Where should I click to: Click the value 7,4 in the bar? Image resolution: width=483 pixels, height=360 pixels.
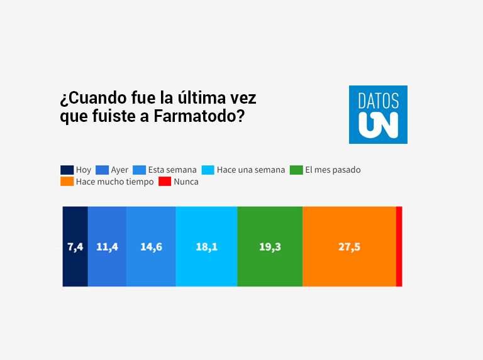tap(75, 247)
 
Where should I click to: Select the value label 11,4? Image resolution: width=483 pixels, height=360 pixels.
tap(107, 247)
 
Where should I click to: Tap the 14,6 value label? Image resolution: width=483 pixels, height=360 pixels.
tap(151, 247)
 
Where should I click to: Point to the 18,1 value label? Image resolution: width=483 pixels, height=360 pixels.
tap(206, 247)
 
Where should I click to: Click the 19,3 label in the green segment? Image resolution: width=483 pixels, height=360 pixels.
tap(270, 247)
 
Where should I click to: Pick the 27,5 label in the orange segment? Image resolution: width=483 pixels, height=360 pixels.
tap(349, 247)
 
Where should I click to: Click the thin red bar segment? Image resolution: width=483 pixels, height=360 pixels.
tap(399, 246)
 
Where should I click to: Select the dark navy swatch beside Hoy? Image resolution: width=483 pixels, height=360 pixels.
tap(67, 170)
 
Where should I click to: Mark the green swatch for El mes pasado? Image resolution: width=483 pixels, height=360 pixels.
tap(296, 170)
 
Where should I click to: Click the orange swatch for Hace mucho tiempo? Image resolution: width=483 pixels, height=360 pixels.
tap(67, 182)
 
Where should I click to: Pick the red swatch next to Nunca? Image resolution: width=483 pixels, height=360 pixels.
tap(165, 182)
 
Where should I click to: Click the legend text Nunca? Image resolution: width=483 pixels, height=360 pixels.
tap(186, 182)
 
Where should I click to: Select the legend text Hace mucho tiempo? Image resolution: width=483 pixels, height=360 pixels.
tap(114, 182)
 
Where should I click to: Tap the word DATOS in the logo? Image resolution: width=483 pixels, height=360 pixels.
tap(378, 100)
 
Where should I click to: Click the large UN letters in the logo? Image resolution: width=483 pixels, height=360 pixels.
tap(378, 124)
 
